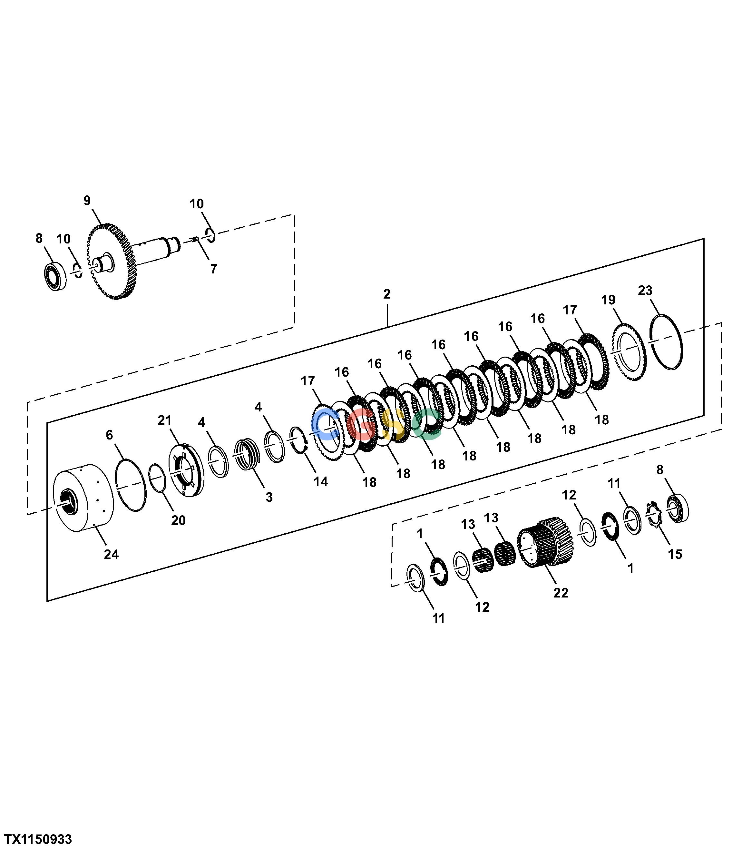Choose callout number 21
pyautogui.click(x=164, y=420)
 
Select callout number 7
pyautogui.click(x=213, y=269)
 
